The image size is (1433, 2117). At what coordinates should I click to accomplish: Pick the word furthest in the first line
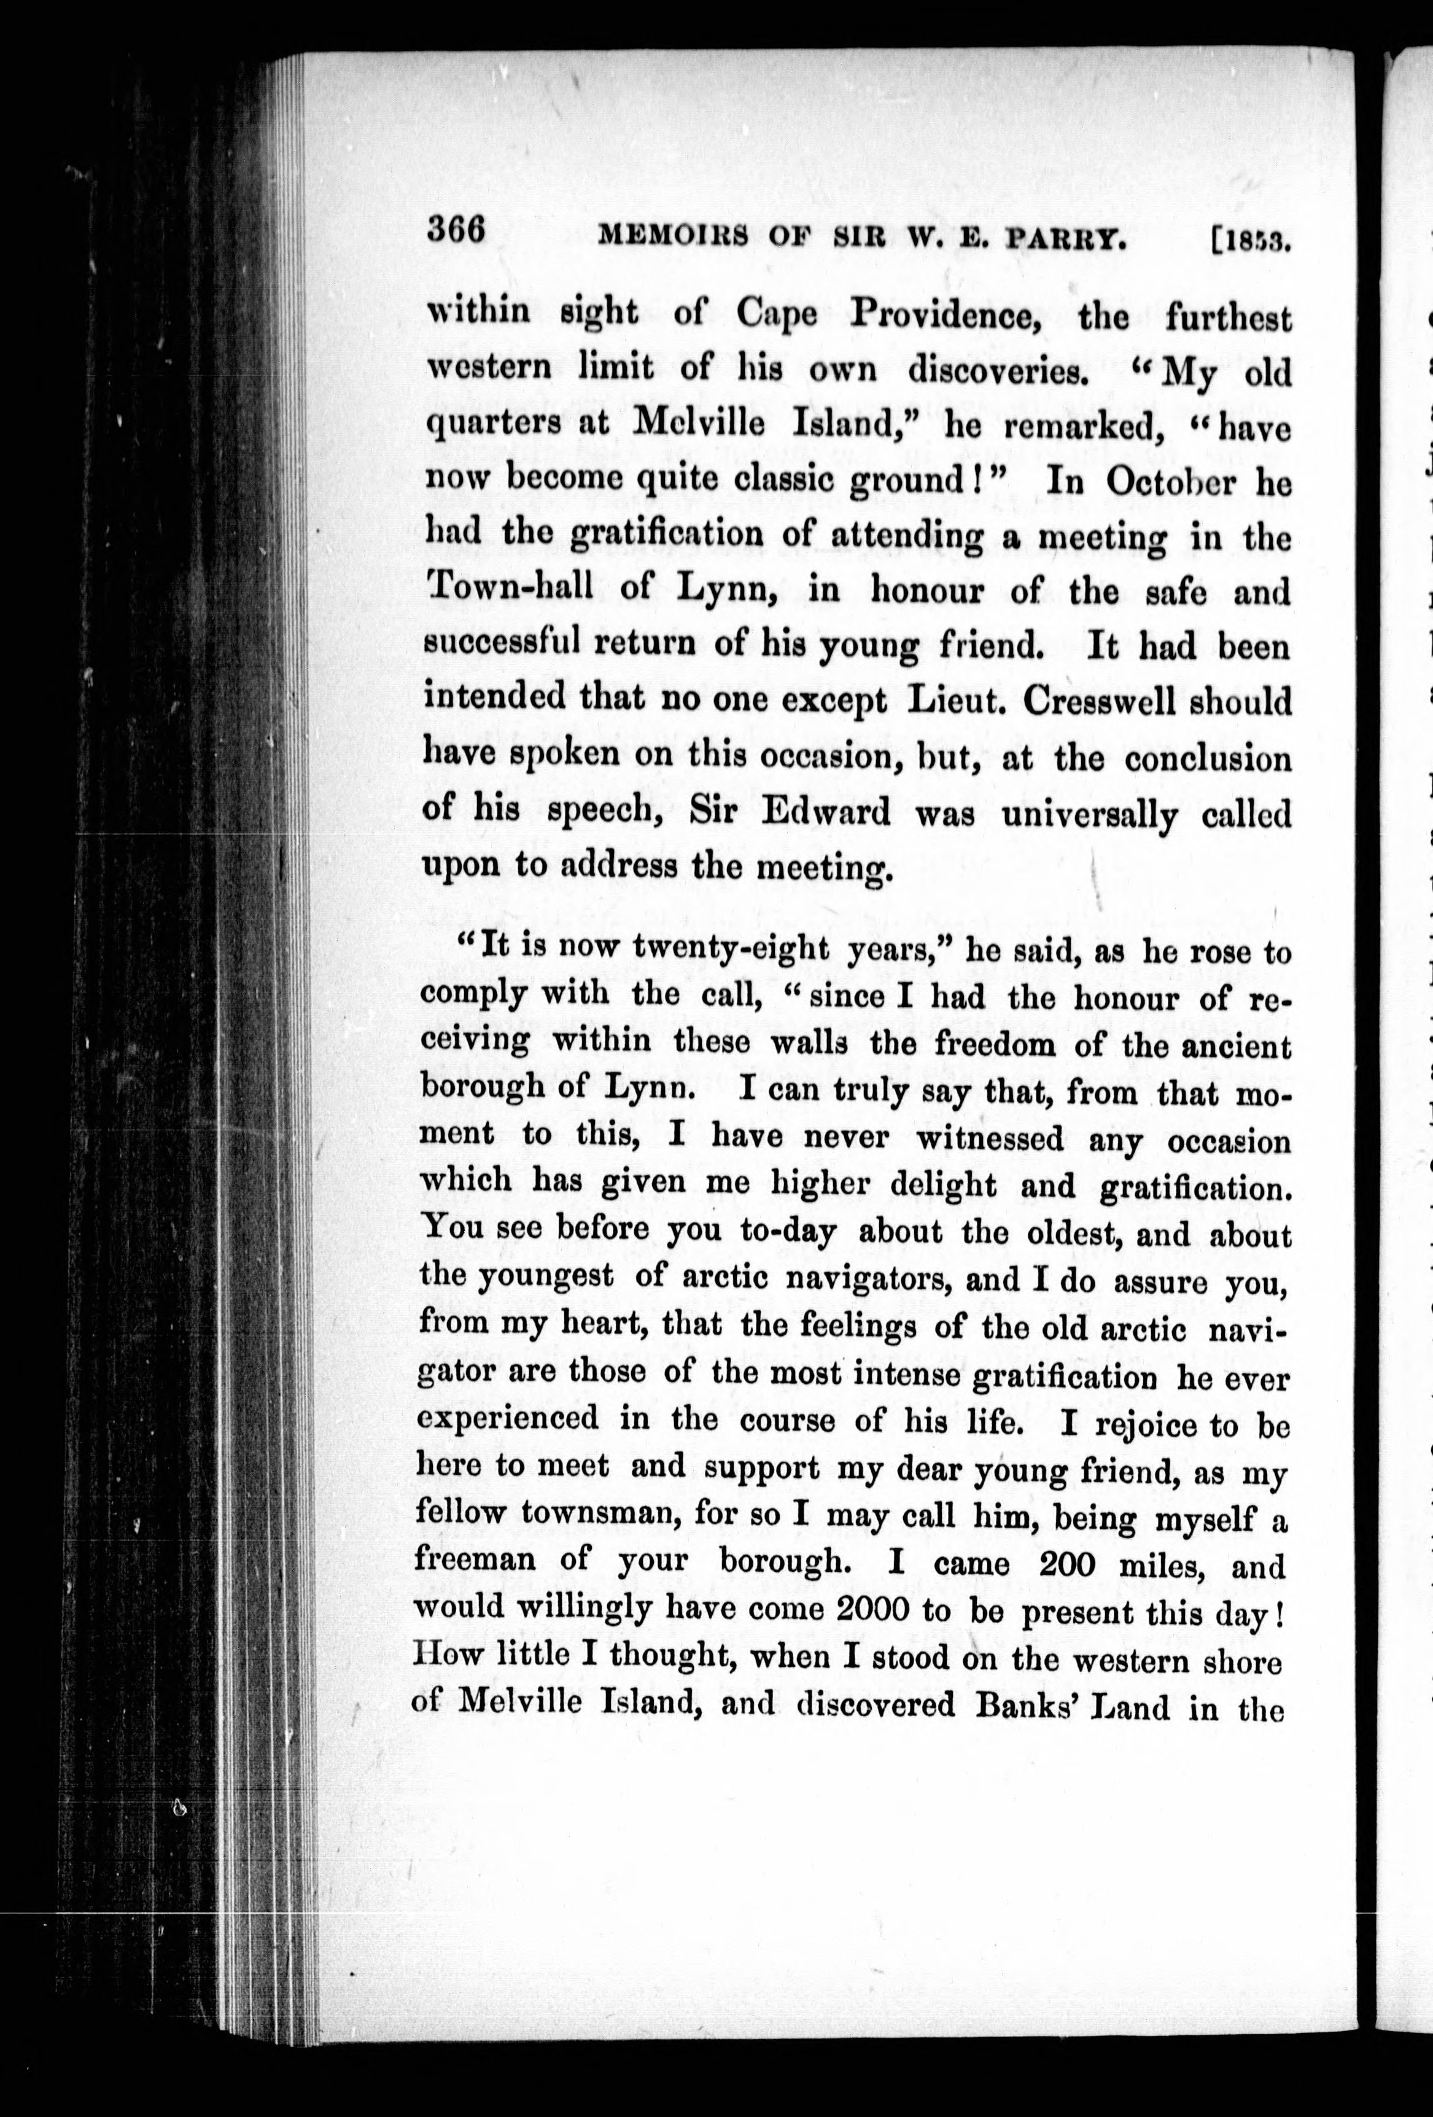click(x=1228, y=319)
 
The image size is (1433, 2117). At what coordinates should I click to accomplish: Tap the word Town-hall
click(x=508, y=589)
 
